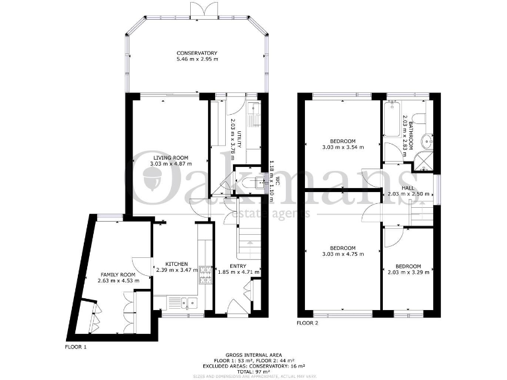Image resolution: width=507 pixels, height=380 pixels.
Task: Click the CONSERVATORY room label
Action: pos(196,53)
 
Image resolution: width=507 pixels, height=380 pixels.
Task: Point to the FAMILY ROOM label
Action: pos(118,274)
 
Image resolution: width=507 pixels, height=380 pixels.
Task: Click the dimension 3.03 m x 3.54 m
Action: pos(343,148)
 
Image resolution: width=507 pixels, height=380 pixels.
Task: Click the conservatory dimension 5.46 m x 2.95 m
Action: pos(196,60)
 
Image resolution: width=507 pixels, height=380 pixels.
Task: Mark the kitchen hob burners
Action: pos(205,273)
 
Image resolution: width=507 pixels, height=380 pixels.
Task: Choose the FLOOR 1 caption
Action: pos(75,346)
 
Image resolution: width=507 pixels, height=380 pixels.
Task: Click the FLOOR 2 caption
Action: pos(308,323)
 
